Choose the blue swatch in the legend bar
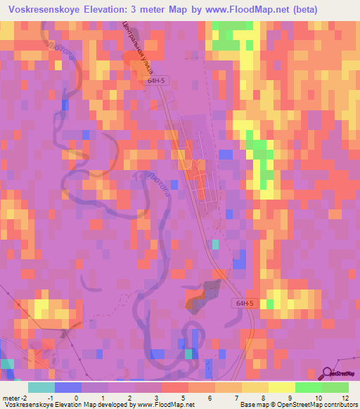pyautogui.click(x=68, y=387)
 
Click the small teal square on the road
pyautogui.click(x=215, y=244)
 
